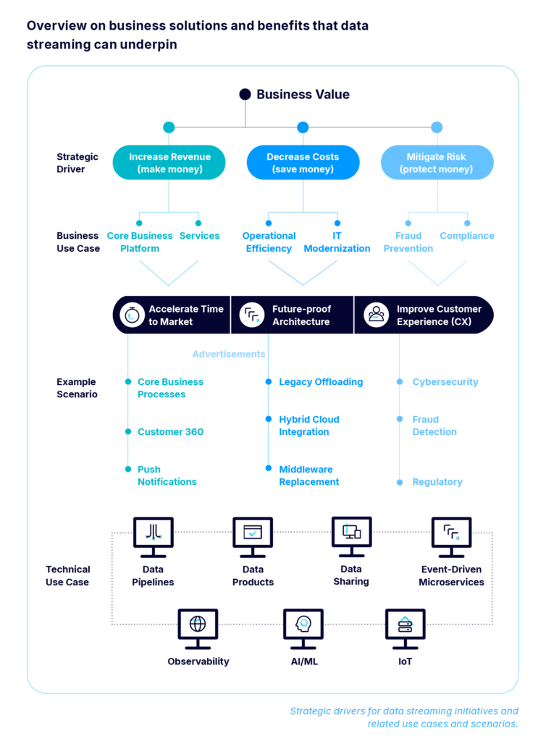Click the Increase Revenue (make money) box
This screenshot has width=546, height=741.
169,163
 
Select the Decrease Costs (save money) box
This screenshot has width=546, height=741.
303,163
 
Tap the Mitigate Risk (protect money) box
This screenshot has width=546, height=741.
437,163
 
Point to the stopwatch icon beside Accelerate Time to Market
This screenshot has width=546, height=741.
133,315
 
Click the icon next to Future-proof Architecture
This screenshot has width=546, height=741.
252,315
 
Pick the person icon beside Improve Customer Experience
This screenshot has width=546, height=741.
376,315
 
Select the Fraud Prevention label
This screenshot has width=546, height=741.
408,242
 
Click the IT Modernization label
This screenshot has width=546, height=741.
337,242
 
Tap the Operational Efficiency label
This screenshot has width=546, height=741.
269,242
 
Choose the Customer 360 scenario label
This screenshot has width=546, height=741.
170,432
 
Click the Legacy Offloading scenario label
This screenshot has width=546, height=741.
321,382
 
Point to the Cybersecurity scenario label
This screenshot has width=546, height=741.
445,382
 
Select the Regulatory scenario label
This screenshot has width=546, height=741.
437,482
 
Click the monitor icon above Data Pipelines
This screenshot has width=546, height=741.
153,534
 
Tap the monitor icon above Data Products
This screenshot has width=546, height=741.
253,534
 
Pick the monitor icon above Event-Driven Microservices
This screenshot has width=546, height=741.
451,534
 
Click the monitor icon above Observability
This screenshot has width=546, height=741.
198,624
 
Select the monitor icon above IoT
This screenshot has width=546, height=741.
405,624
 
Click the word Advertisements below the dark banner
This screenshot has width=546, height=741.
229,355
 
